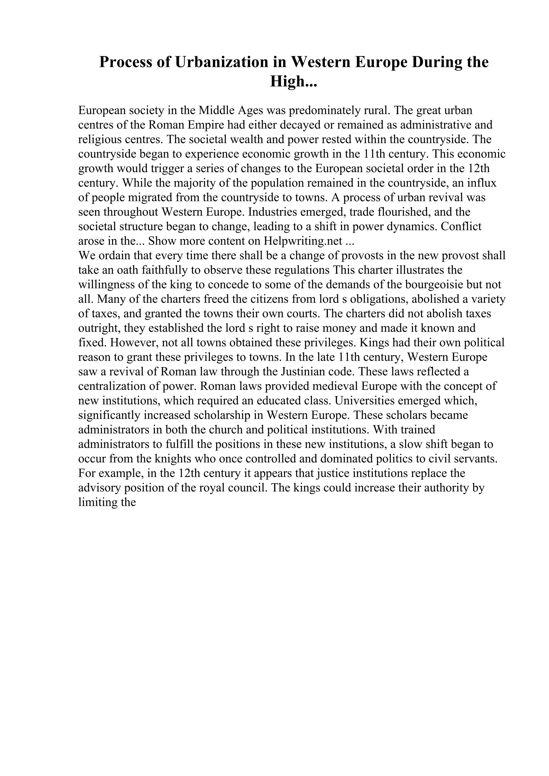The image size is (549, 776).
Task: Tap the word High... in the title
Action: click(x=293, y=81)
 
